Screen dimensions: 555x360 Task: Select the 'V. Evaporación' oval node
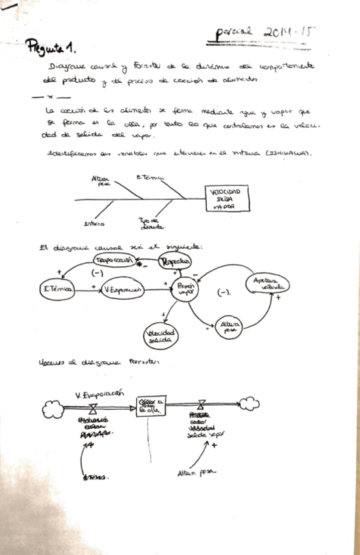pyautogui.click(x=123, y=290)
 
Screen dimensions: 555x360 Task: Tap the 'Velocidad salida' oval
pyautogui.click(x=160, y=336)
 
